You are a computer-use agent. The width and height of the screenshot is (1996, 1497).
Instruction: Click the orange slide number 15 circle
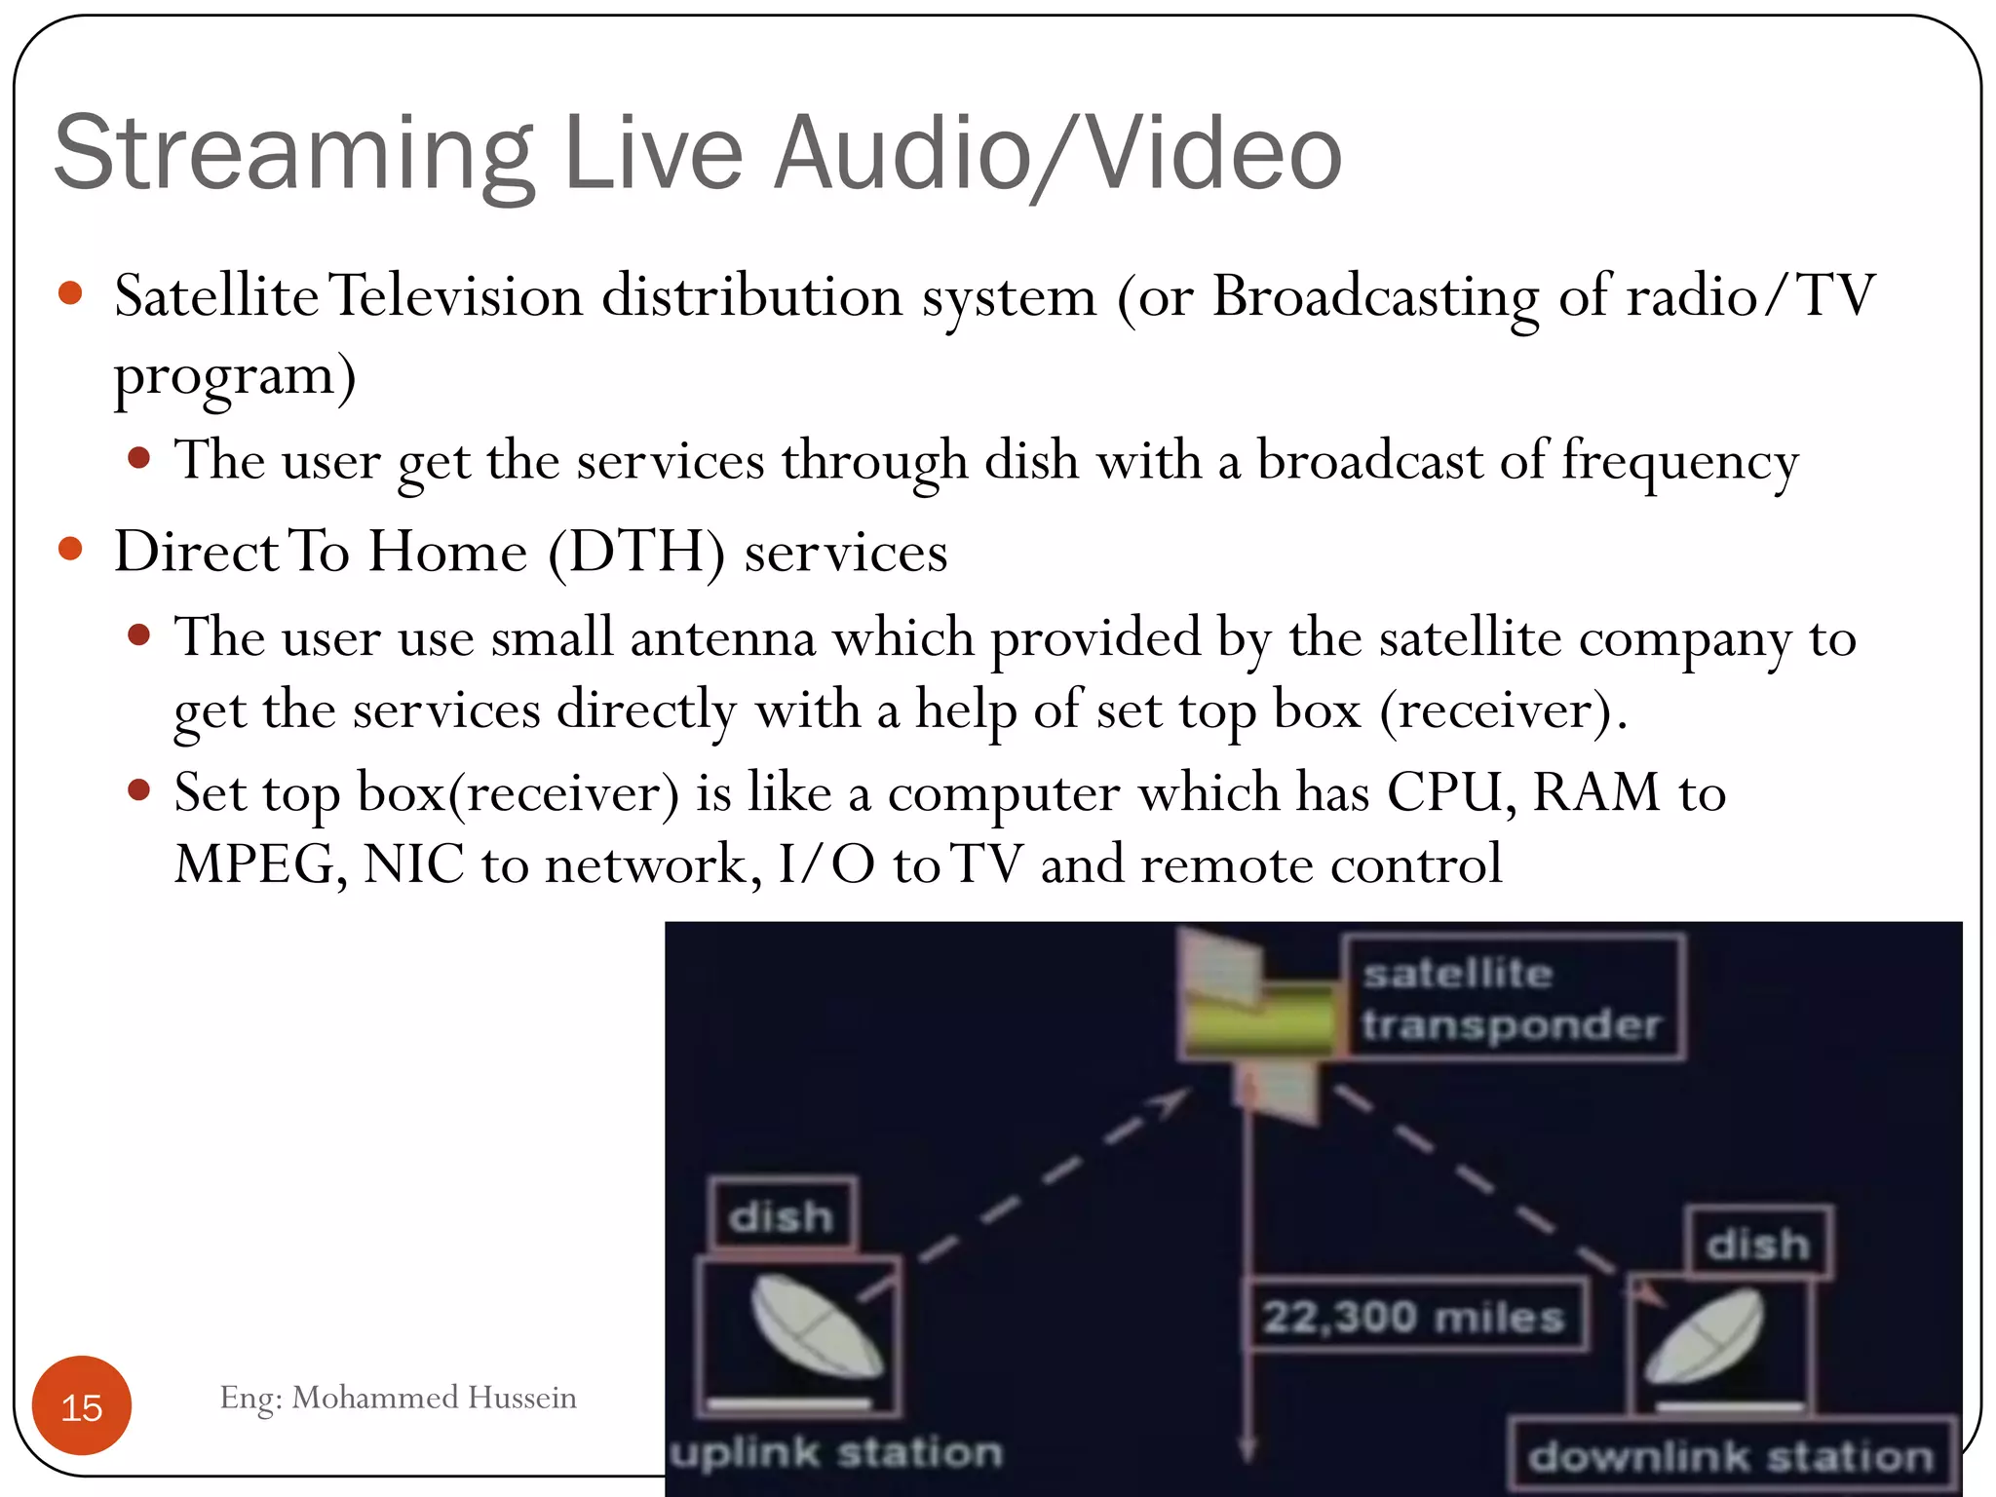[x=82, y=1405]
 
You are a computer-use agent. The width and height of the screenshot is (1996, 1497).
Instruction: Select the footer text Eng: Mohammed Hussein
[x=398, y=1398]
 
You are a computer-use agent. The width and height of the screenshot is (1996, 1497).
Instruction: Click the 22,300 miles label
[x=1415, y=1317]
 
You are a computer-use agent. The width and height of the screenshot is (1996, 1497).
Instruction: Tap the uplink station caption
[x=836, y=1452]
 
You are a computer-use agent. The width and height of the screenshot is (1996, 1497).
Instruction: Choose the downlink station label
[x=1731, y=1456]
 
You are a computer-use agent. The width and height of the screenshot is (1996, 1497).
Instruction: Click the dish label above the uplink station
[x=783, y=1215]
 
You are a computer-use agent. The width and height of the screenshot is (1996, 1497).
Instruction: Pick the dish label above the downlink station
[x=1758, y=1244]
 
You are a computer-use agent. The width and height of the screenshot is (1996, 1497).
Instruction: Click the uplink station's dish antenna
[x=817, y=1326]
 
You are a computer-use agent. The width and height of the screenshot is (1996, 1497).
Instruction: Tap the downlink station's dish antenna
[x=1706, y=1335]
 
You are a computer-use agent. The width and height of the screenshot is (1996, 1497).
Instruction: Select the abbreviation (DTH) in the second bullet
[x=636, y=553]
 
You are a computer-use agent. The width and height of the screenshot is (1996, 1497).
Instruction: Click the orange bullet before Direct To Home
[x=70, y=549]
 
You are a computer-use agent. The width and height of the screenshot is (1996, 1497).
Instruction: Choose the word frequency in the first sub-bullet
[x=1680, y=461]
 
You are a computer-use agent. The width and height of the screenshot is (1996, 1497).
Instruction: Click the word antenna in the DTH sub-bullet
[x=722, y=638]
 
